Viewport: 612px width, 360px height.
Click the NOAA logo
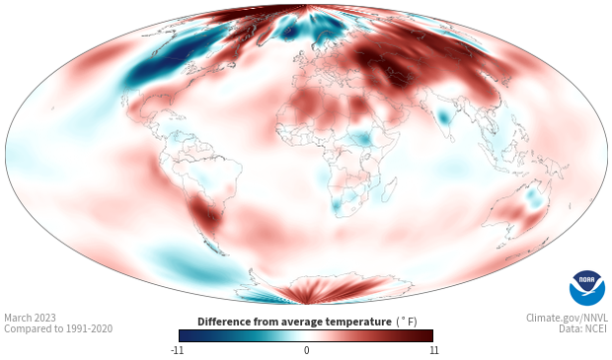pyautogui.click(x=587, y=288)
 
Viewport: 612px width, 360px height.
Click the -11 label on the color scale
pyautogui.click(x=177, y=350)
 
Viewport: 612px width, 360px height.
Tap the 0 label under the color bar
pyautogui.click(x=306, y=350)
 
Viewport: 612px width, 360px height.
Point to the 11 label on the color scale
pyautogui.click(x=433, y=350)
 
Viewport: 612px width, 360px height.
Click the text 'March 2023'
pyautogui.click(x=30, y=318)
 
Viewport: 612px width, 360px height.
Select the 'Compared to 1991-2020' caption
pyautogui.click(x=58, y=328)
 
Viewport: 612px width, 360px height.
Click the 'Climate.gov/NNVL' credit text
pyautogui.click(x=567, y=318)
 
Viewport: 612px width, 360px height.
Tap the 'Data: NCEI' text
pyautogui.click(x=583, y=328)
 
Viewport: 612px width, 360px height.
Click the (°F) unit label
pyautogui.click(x=407, y=323)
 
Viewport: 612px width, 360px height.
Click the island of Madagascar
pyautogui.click(x=389, y=190)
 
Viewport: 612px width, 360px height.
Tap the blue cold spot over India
pyautogui.click(x=443, y=116)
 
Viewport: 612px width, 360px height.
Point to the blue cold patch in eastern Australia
pyautogui.click(x=534, y=198)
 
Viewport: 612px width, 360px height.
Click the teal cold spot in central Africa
pyautogui.click(x=362, y=139)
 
